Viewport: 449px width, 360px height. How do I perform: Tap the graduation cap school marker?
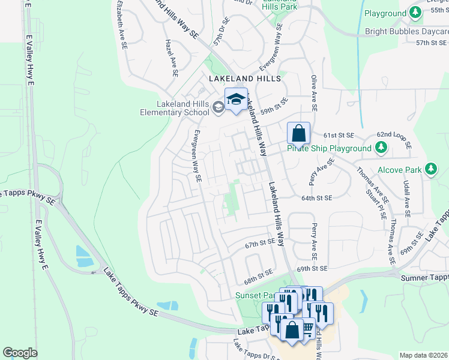pyautogui.click(x=236, y=100)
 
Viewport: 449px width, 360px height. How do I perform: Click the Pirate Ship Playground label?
pyautogui.click(x=329, y=148)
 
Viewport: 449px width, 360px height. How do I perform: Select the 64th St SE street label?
pyautogui.click(x=316, y=198)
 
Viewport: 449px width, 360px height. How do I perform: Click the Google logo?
pyautogui.click(x=20, y=353)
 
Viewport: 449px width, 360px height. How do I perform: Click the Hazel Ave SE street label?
pyautogui.click(x=171, y=59)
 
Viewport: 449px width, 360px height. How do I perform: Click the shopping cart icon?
pyautogui.click(x=307, y=327)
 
